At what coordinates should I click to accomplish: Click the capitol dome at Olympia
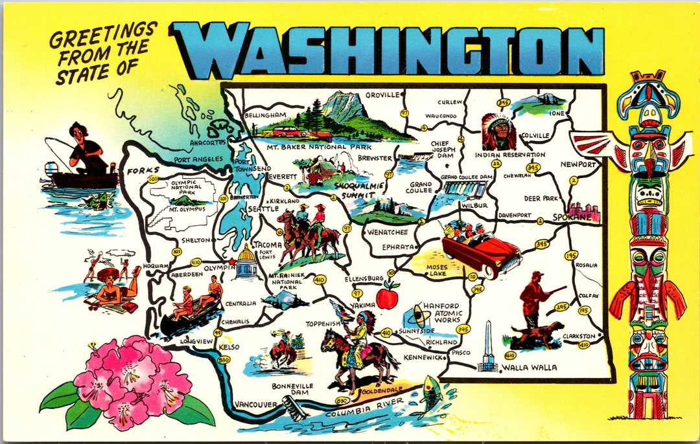click(x=247, y=262)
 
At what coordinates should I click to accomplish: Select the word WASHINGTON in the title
click(x=388, y=49)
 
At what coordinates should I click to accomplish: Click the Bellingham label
click(x=265, y=115)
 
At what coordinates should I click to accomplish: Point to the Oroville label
click(x=382, y=94)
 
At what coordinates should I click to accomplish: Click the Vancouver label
click(x=255, y=405)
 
